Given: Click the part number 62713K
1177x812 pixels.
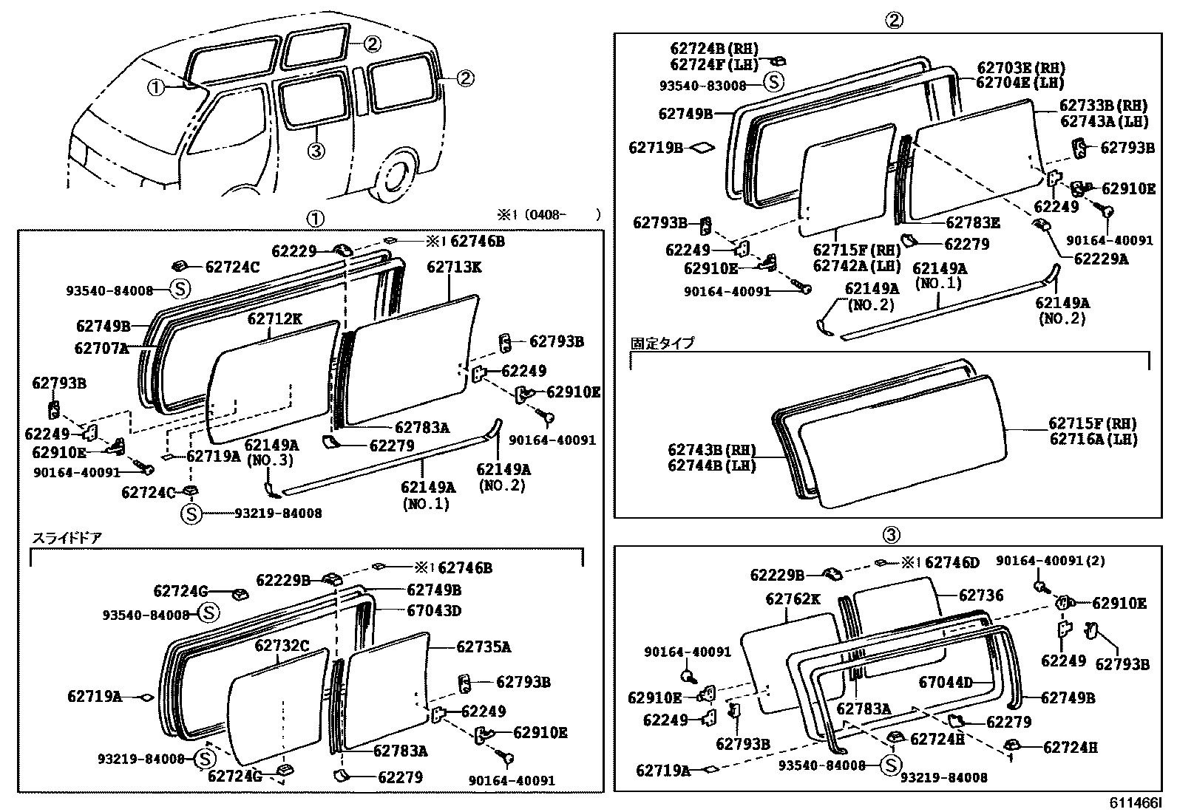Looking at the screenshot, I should (453, 267).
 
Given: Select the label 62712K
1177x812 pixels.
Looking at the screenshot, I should (274, 318).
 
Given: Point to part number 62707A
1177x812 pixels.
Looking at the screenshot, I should (102, 347).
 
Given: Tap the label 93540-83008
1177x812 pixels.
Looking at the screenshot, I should (703, 86).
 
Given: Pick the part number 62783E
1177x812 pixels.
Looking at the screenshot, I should (973, 222).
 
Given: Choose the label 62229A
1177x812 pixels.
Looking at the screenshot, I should (1102, 259).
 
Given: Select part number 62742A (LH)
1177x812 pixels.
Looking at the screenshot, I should (857, 266).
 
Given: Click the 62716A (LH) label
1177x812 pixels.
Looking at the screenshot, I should (1093, 440).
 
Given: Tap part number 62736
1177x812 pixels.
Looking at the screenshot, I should (981, 596).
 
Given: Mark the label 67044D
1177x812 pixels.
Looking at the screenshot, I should (946, 683).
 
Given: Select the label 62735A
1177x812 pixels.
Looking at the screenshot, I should (484, 647).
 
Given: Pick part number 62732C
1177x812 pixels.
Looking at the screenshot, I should (282, 646).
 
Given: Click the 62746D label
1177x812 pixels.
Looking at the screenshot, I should (952, 564).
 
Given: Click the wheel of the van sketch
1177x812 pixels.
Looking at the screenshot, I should (397, 177).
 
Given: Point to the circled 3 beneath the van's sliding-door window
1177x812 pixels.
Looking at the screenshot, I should (316, 151).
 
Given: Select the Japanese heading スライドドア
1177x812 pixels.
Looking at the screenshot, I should (66, 538).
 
